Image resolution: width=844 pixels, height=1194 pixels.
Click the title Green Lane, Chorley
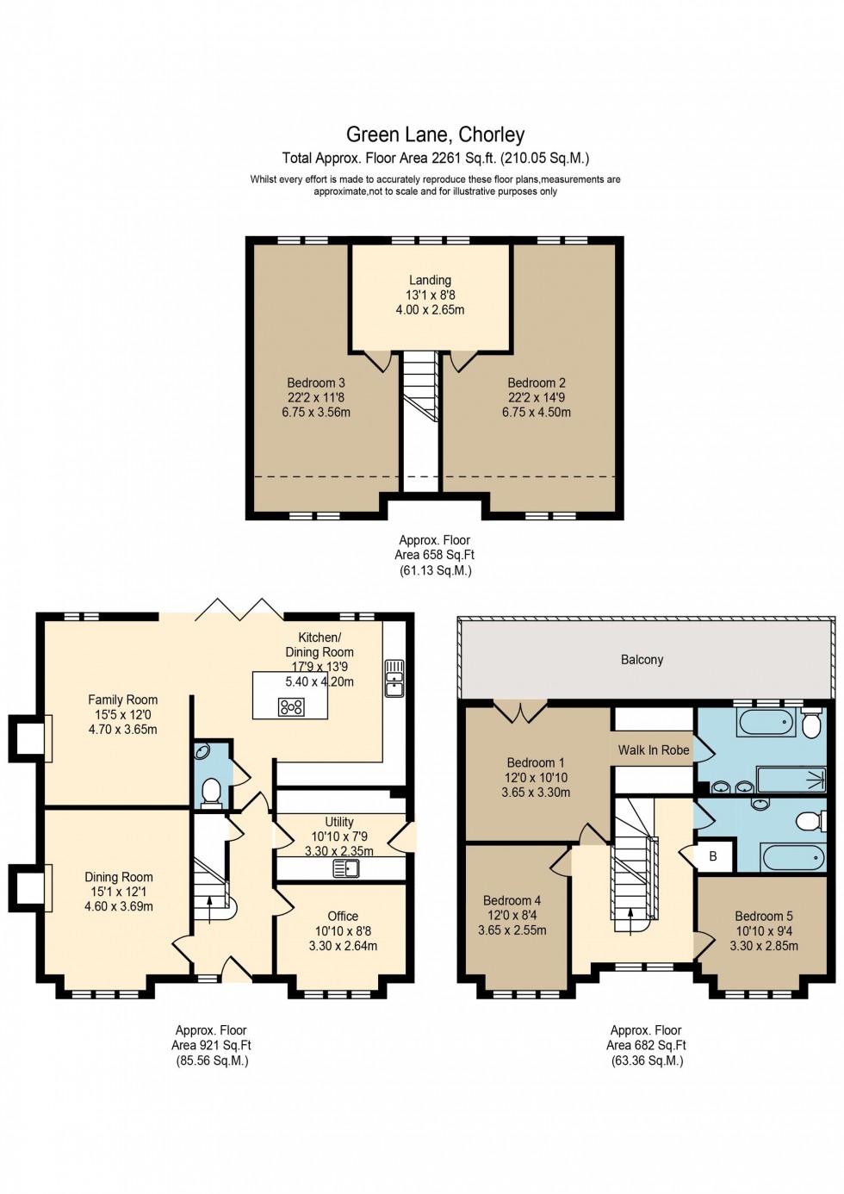(435, 134)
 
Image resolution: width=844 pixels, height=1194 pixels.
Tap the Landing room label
(430, 280)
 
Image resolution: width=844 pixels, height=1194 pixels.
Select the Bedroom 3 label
(316, 382)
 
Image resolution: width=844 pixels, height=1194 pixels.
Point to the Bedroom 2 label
(537, 382)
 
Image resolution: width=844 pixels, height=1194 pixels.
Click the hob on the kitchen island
(291, 707)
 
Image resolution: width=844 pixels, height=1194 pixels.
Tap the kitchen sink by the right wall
(394, 678)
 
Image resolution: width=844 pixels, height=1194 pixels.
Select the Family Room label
(122, 700)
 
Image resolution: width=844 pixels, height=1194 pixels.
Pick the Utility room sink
(346, 868)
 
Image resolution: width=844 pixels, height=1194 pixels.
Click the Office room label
(343, 916)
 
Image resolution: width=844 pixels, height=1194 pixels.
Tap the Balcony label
(642, 660)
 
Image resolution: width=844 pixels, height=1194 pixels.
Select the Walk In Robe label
(654, 750)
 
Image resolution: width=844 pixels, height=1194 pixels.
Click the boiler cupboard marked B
(713, 856)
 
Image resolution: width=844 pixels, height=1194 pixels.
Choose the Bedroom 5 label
(764, 916)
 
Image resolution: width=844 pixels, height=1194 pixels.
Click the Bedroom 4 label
(512, 900)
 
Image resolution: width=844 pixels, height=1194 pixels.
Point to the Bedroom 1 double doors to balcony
(520, 712)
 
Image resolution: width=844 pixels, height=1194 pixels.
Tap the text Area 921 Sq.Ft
(211, 1045)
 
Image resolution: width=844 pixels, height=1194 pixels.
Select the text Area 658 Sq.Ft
(434, 555)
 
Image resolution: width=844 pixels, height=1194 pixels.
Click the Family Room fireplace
(29, 738)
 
